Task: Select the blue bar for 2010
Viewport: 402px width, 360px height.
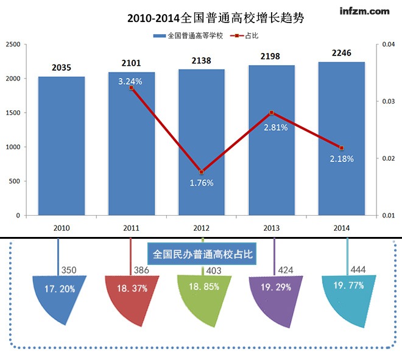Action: tap(62, 146)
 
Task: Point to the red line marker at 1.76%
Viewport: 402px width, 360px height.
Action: tap(202, 172)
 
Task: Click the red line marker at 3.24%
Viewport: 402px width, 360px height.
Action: tap(132, 88)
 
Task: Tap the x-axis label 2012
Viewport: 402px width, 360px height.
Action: tap(202, 228)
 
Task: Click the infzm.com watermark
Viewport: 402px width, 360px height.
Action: tap(365, 11)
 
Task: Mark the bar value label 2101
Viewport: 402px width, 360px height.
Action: tap(132, 63)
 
